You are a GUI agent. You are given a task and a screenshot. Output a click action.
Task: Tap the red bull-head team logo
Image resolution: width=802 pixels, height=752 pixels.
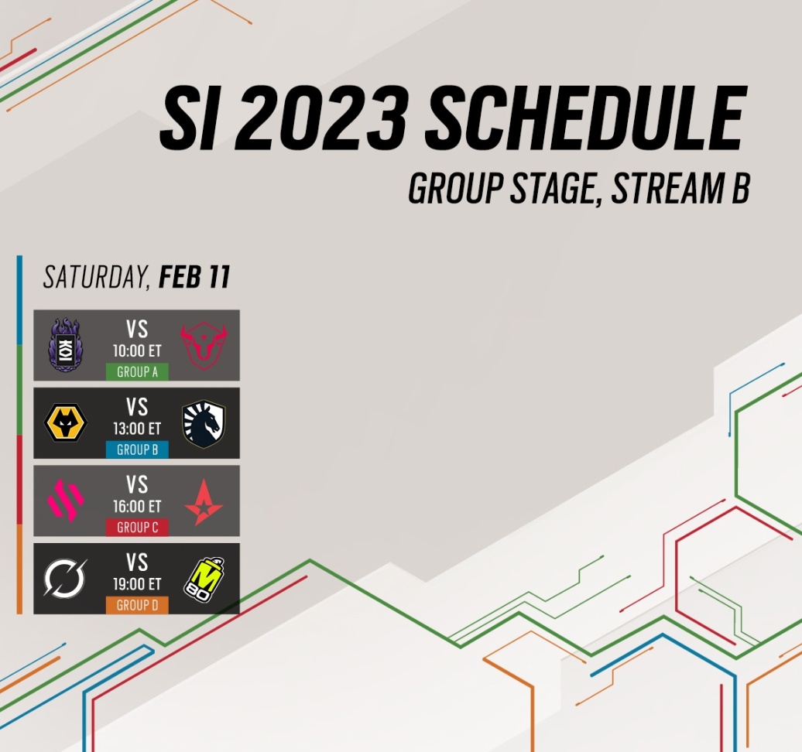point(204,345)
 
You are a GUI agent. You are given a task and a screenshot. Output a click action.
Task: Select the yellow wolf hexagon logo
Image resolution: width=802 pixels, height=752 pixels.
point(66,422)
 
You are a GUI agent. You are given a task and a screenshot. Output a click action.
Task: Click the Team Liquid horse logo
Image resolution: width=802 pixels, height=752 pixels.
point(204,423)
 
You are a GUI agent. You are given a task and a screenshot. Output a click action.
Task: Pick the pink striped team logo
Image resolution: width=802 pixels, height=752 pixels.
point(66,500)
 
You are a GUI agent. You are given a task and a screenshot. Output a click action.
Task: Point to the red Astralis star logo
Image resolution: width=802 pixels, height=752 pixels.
point(204,502)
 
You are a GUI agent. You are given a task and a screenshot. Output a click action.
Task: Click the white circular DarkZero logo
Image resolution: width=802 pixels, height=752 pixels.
point(65,578)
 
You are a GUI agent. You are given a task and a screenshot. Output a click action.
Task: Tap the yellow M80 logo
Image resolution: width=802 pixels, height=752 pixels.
point(204,578)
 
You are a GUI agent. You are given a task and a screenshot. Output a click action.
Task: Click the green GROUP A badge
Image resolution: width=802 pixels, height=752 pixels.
point(137,371)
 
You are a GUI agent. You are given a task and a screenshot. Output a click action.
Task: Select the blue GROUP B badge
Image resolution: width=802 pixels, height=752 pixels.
point(137,449)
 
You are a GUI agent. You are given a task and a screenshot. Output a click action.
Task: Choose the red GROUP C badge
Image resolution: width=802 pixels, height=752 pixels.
point(137,527)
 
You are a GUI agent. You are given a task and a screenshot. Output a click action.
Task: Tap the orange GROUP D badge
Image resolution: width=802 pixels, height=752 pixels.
point(137,605)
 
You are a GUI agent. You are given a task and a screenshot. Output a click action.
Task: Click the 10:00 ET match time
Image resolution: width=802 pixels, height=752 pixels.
point(137,350)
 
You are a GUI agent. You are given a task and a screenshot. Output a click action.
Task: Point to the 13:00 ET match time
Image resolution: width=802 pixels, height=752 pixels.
point(137,429)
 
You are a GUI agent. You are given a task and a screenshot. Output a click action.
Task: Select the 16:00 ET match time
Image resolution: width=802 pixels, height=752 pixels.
point(137,506)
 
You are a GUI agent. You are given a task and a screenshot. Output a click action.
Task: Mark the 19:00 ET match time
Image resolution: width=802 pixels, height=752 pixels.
point(137,584)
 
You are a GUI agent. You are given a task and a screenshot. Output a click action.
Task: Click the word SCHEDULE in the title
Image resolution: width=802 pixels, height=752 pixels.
point(584,118)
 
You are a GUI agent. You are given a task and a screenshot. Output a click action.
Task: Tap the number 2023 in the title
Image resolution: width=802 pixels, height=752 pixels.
point(320,118)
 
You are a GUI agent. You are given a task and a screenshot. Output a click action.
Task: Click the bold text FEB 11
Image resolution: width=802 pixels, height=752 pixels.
point(194,277)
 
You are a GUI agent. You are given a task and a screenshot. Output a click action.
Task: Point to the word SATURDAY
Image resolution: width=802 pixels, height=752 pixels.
point(96,278)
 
